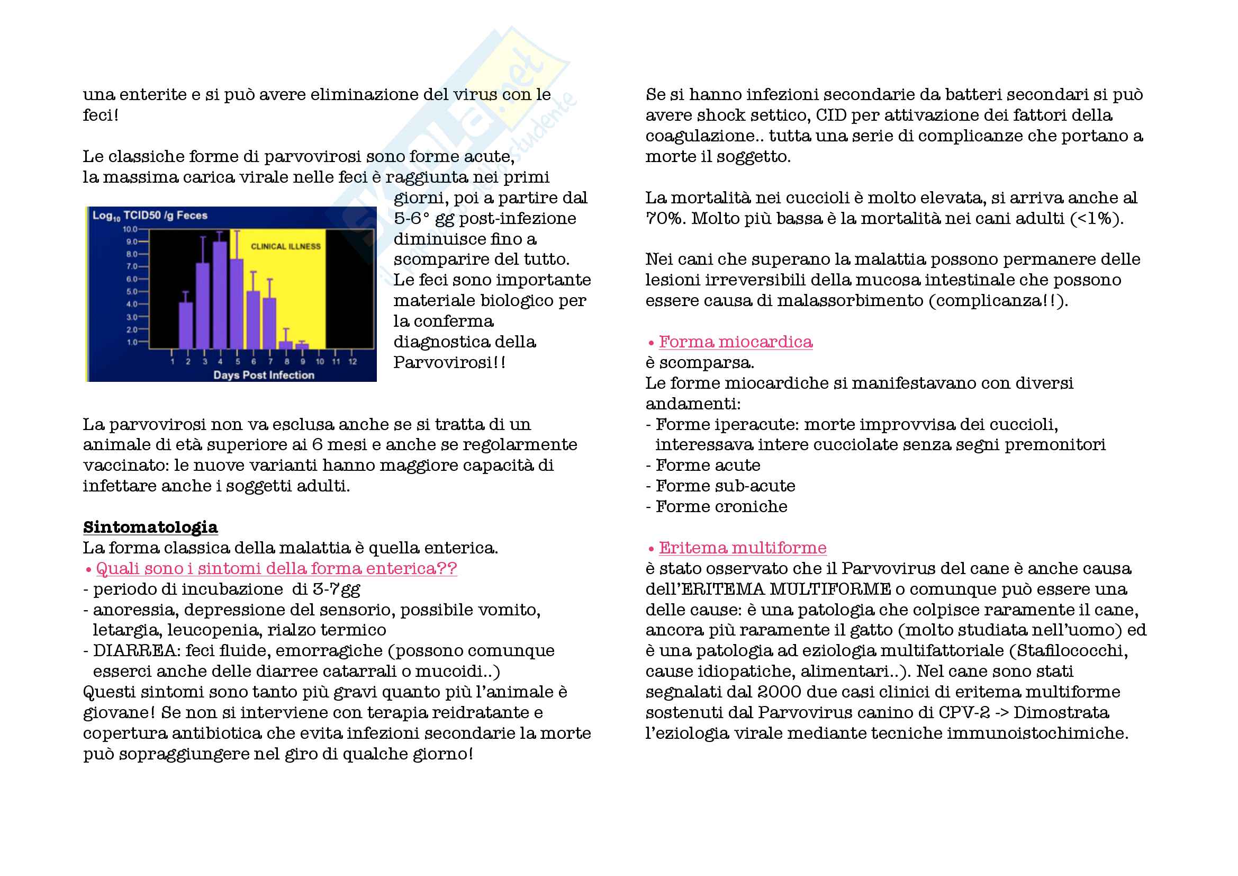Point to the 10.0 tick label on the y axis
pyautogui.click(x=130, y=229)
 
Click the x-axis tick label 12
pyautogui.click(x=353, y=361)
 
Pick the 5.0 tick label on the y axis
pyautogui.click(x=132, y=292)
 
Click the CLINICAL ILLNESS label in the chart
pyautogui.click(x=285, y=246)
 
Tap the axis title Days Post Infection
pyautogui.click(x=264, y=375)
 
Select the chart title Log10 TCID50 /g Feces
pyautogui.click(x=150, y=216)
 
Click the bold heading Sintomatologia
pyautogui.click(x=150, y=527)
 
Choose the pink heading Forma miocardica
pyautogui.click(x=736, y=342)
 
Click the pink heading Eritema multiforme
pyautogui.click(x=743, y=548)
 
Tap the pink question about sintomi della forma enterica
pyautogui.click(x=276, y=568)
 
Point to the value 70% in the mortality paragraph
pyautogui.click(x=664, y=218)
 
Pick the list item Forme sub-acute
pyautogui.click(x=725, y=486)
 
